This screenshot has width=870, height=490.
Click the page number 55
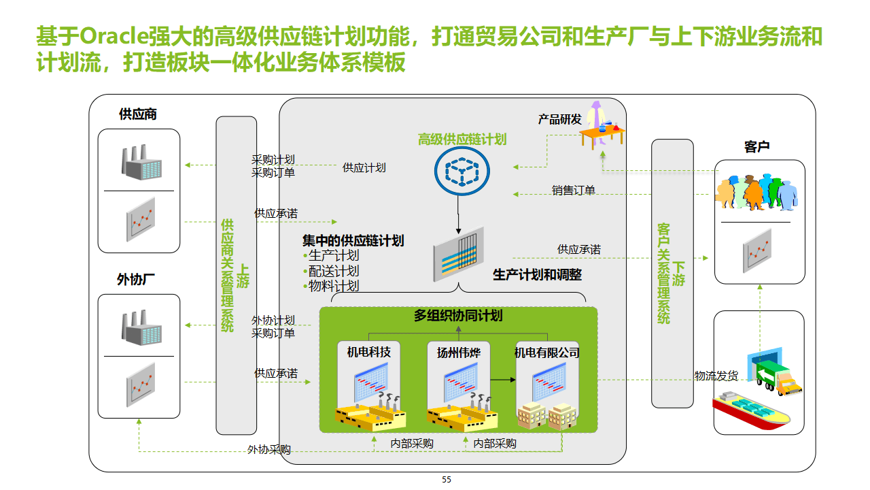447,480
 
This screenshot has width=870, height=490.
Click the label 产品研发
560,119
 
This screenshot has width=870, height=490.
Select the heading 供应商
138,114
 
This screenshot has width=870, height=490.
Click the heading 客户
757,147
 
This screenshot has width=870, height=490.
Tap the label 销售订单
574,191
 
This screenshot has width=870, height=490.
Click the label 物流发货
716,376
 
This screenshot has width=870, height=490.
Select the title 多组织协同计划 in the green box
458,316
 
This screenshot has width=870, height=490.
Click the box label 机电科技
369,352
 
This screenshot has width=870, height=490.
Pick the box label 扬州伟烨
458,353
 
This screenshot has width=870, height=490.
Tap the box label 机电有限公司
547,353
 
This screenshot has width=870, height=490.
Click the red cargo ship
750,412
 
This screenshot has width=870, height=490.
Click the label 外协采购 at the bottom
269,450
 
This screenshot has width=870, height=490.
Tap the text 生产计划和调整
537,276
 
